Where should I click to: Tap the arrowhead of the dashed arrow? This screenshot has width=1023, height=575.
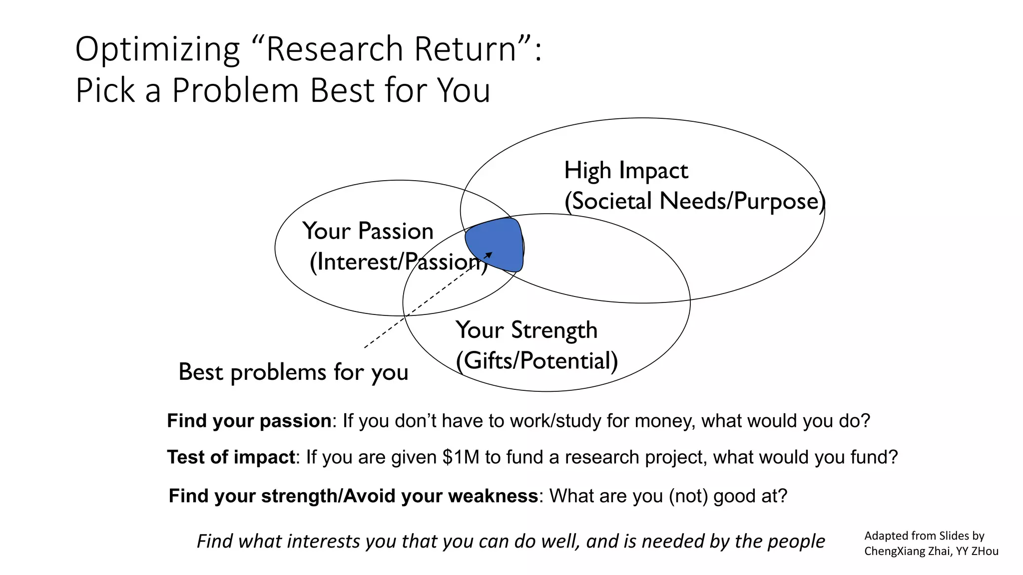[489, 255]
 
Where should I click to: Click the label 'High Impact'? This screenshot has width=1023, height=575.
[625, 171]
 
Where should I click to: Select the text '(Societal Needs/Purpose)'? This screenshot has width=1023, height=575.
[694, 201]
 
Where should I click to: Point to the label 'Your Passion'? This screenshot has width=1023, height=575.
[368, 231]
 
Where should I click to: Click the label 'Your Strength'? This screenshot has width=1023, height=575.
[526, 330]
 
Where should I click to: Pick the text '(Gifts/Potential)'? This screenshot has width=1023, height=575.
[537, 361]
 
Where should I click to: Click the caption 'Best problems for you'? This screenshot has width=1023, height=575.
[293, 372]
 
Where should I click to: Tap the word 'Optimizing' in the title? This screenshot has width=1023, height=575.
[157, 49]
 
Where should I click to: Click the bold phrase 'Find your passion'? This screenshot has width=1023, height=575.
[249, 421]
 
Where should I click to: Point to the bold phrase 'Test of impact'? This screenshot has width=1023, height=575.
[231, 457]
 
